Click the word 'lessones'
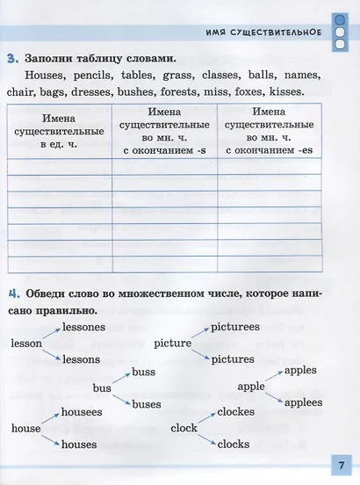coord(84,327)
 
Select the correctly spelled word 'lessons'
coord(81,360)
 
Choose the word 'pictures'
coord(233,359)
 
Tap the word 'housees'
coord(82,411)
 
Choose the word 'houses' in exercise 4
coord(79,445)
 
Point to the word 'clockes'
coord(235,411)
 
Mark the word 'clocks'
coord(233,445)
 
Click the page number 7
coord(337,463)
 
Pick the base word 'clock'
coord(184,428)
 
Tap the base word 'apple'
coord(251,387)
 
